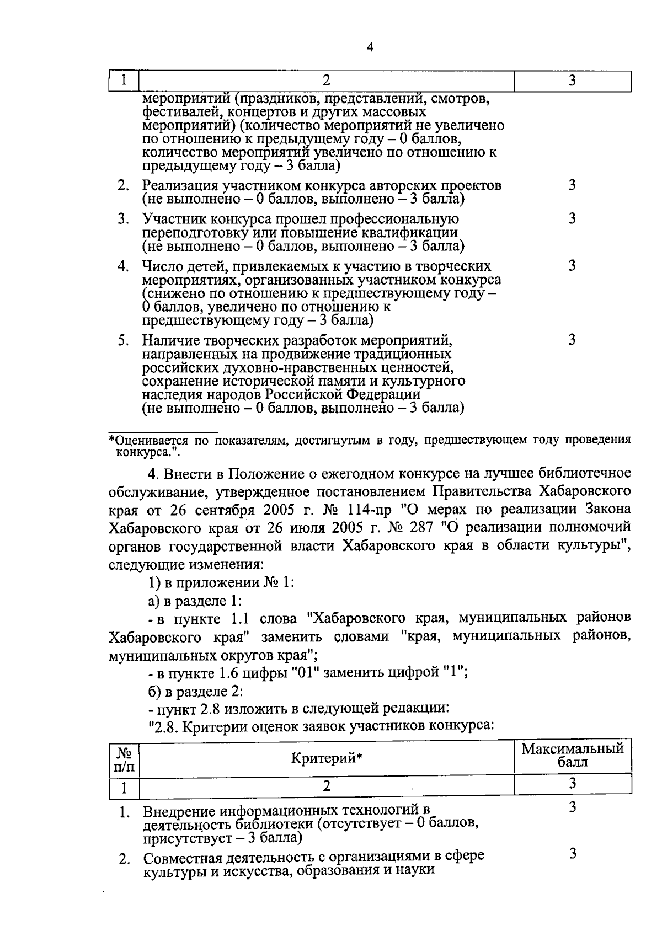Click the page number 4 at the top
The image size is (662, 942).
pyautogui.click(x=370, y=48)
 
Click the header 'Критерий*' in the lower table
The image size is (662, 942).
pyautogui.click(x=326, y=758)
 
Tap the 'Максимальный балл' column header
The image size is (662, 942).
pyautogui.click(x=573, y=756)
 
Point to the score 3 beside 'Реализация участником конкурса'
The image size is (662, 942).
pyautogui.click(x=572, y=185)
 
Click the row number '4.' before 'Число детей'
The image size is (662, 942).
pyautogui.click(x=123, y=266)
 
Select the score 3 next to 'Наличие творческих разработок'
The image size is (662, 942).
pyautogui.click(x=572, y=340)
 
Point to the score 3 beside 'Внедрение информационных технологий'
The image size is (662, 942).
pyautogui.click(x=572, y=807)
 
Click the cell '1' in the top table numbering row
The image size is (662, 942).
pyautogui.click(x=124, y=81)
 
